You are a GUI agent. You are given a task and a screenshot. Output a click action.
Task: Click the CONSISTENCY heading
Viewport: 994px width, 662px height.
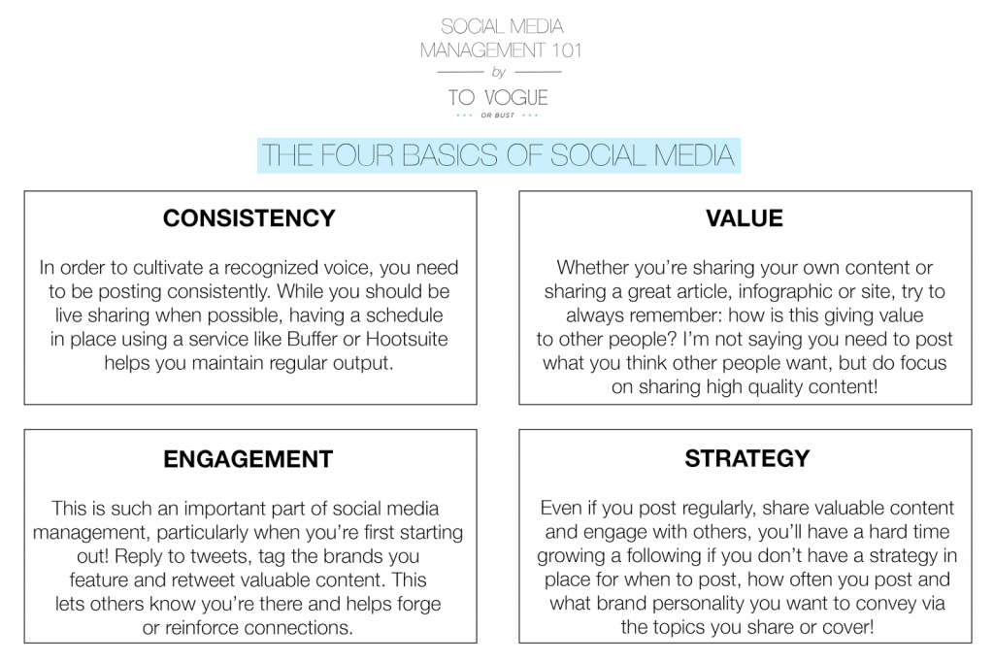[249, 218]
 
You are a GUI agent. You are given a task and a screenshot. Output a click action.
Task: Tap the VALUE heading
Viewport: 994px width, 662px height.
[745, 218]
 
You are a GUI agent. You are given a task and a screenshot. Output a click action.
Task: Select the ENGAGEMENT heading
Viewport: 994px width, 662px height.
[248, 459]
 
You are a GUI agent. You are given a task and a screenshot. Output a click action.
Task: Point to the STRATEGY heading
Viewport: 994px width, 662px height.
[746, 458]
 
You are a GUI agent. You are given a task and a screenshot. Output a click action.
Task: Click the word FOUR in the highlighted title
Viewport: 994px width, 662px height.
[357, 155]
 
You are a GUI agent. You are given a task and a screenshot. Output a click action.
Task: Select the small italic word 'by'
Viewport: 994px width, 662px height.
[499, 72]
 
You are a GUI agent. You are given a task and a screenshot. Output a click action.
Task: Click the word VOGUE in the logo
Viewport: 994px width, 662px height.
[516, 98]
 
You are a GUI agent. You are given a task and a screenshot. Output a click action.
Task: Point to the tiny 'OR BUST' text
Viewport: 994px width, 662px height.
[498, 116]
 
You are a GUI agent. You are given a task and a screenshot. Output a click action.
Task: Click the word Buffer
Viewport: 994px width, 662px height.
[312, 339]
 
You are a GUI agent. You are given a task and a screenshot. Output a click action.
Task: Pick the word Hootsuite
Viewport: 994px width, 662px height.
[407, 339]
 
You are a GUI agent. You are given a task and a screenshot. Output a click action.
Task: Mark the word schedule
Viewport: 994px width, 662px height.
[404, 315]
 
